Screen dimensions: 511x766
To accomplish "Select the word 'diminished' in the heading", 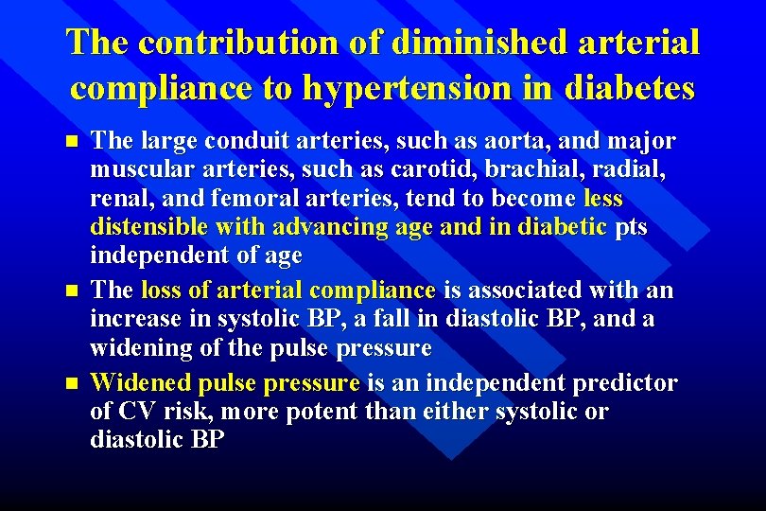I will pyautogui.click(x=449, y=43).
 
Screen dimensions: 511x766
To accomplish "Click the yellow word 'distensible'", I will pyautogui.click(x=149, y=227).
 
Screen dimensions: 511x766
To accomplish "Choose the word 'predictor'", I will pyautogui.click(x=628, y=383).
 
